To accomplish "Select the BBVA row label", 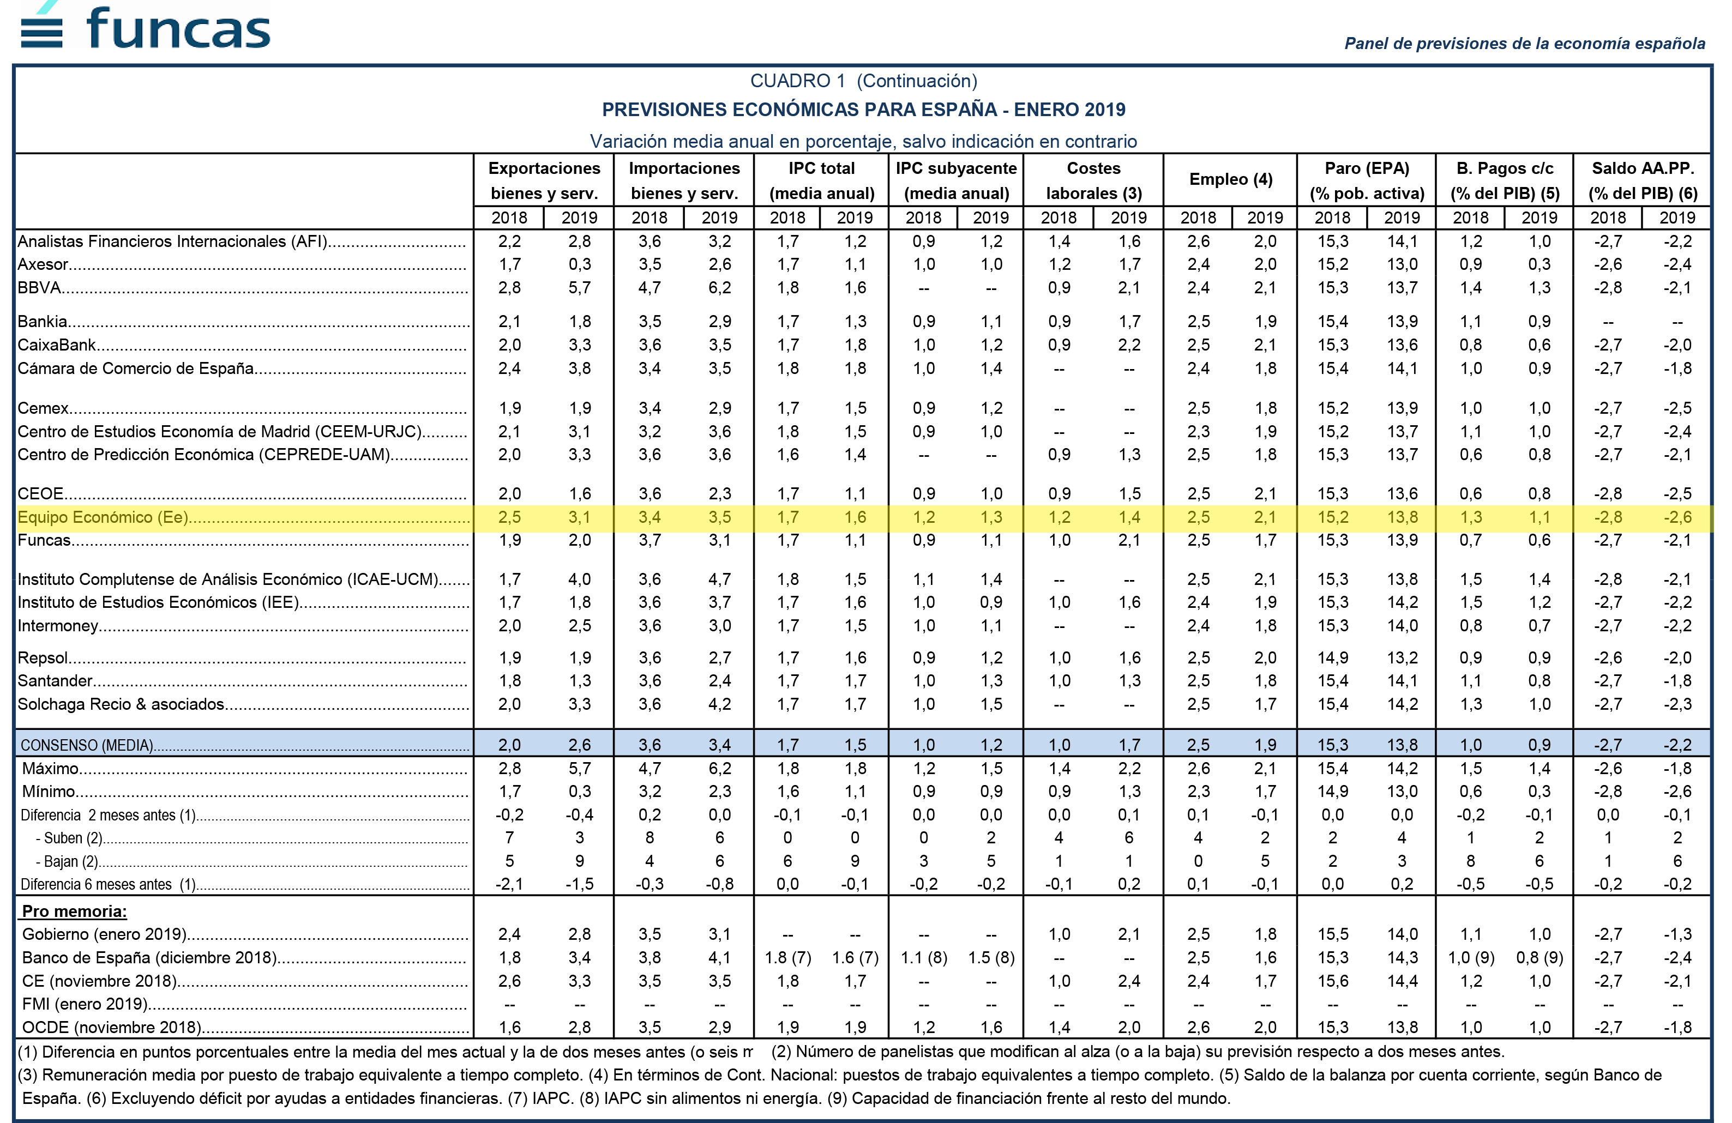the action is (39, 287).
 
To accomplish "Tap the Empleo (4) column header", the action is (1231, 179).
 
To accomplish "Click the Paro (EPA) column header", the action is (1367, 168).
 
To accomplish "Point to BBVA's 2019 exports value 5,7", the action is (579, 287).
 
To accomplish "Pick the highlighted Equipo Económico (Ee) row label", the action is (103, 517).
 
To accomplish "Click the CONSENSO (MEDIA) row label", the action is (87, 745).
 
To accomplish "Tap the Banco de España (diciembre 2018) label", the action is (149, 957).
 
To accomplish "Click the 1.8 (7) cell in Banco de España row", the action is (788, 957).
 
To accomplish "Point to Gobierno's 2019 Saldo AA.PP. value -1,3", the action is (1677, 934).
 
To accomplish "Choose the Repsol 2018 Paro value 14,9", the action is (1332, 657).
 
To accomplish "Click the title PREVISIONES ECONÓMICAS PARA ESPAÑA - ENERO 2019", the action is (863, 110).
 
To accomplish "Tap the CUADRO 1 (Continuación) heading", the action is (864, 81).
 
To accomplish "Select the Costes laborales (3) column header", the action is (1094, 180).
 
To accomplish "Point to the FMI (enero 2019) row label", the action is (85, 1004).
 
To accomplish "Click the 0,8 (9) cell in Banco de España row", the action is (1539, 957).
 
